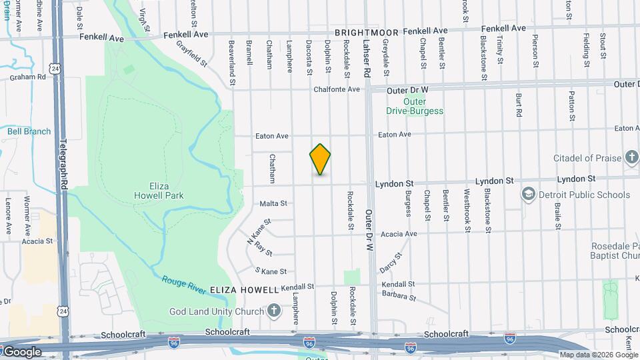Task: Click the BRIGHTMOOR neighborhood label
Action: (367, 32)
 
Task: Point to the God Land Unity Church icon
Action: (273, 311)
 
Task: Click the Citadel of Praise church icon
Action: (632, 158)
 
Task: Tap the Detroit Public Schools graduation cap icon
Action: (529, 195)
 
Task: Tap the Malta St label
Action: (273, 203)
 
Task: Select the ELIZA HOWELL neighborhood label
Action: (243, 291)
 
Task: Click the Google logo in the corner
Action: (21, 352)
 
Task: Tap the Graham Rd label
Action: (27, 77)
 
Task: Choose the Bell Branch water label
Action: (29, 131)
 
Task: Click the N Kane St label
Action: (259, 231)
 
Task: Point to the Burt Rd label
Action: (518, 105)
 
